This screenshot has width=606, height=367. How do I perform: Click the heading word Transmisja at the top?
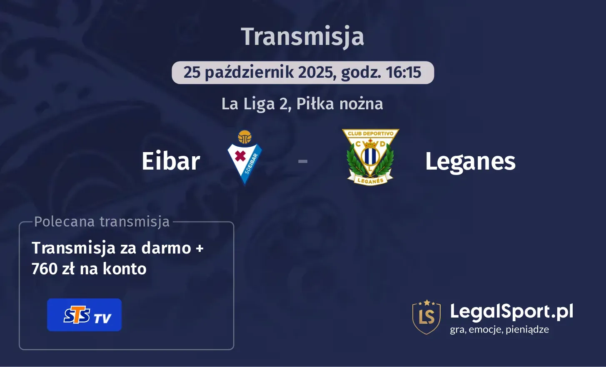coord(302,37)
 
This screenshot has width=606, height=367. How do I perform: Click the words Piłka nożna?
coord(340,104)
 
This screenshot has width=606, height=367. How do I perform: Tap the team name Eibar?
coord(171,161)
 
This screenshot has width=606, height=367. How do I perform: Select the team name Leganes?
coord(470,162)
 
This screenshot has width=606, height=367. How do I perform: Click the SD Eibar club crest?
coord(244,158)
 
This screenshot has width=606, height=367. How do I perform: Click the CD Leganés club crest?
coord(370,157)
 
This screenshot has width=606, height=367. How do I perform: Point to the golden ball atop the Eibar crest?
coord(244,137)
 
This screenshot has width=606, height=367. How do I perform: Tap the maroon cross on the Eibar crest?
coord(240,156)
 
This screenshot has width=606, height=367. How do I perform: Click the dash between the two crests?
coord(303,161)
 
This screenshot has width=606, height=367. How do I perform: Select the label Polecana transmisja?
coord(102,222)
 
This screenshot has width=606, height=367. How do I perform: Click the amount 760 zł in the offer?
coord(53,268)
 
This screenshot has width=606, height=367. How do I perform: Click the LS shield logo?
coord(426,317)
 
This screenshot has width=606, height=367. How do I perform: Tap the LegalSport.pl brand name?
coord(511,312)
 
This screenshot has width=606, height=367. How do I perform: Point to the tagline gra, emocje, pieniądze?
coord(499,330)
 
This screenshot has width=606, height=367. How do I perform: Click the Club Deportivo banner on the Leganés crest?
coord(370,133)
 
